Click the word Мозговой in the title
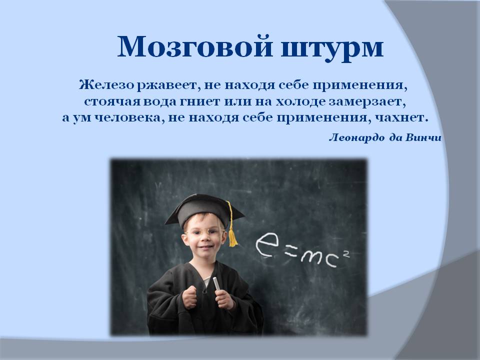(194, 47)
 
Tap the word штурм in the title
(332, 49)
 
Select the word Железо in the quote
(106, 85)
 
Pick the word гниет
(199, 101)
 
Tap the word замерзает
(367, 101)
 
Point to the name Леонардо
(356, 138)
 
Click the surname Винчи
(423, 138)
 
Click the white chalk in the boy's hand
(216, 283)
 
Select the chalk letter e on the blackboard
(267, 244)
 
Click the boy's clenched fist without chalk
(189, 297)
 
